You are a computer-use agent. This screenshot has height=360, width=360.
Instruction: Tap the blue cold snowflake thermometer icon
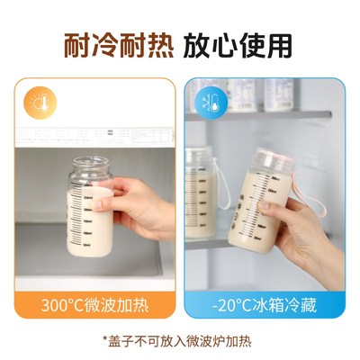click(208, 100)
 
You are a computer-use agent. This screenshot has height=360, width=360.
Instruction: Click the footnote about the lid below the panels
click(180, 340)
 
